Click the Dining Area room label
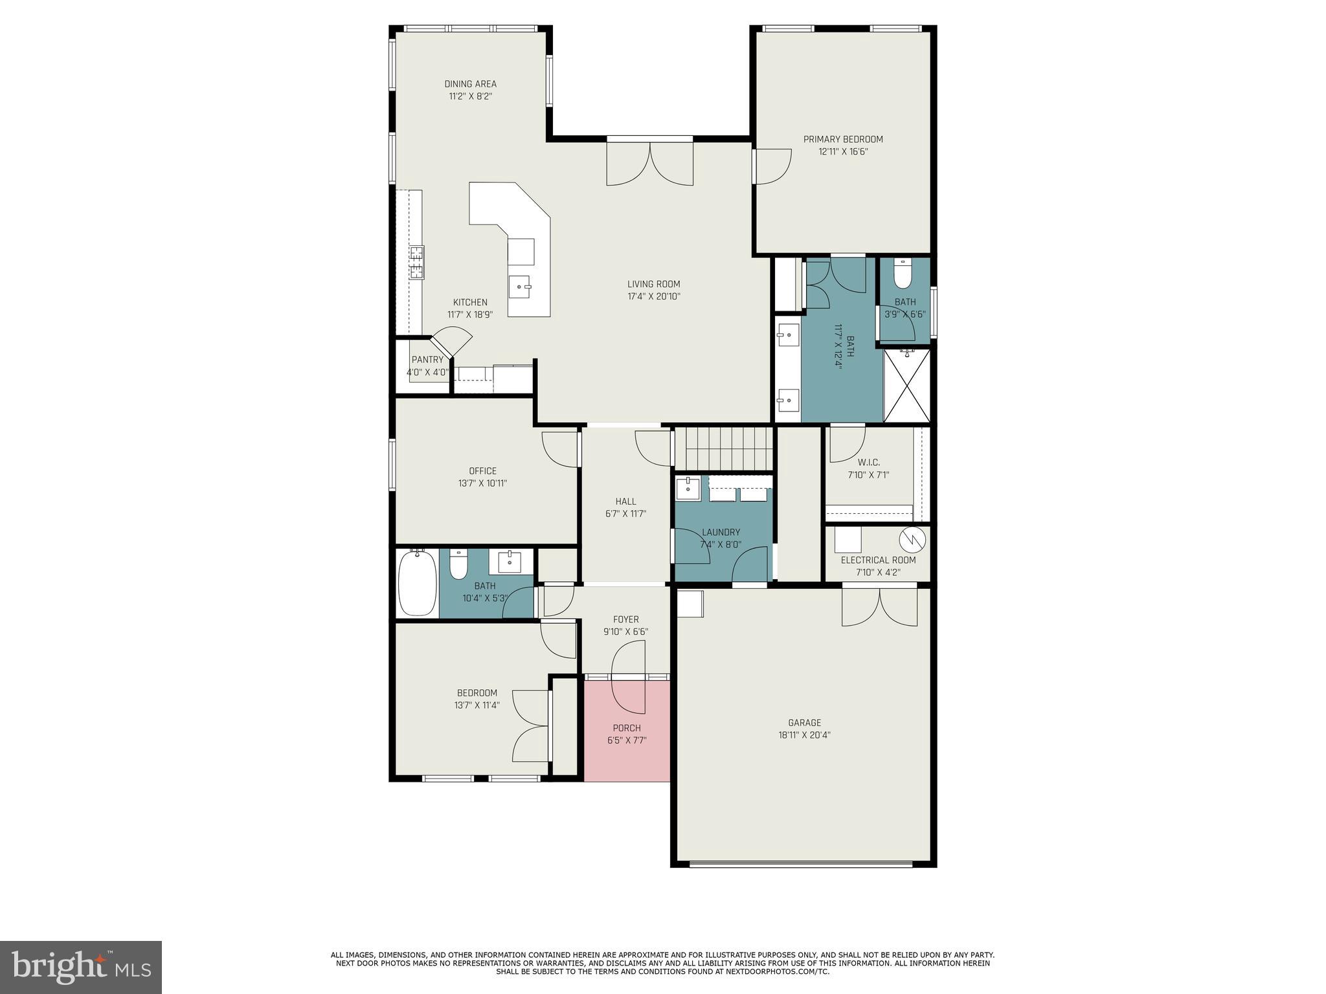[x=470, y=84]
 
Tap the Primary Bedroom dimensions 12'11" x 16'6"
[x=842, y=152]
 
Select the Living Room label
[x=653, y=284]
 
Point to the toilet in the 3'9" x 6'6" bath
[x=902, y=276]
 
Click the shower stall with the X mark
[x=906, y=386]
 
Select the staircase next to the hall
[x=724, y=448]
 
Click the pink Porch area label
[x=626, y=729]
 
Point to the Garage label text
[x=804, y=723]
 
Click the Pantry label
[x=427, y=360]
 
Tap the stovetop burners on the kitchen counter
[x=416, y=262]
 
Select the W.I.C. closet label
[x=868, y=463]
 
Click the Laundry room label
[x=721, y=533]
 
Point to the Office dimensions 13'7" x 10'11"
[x=482, y=483]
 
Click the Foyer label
[x=625, y=619]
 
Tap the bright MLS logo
[x=80, y=967]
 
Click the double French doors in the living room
[x=649, y=163]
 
